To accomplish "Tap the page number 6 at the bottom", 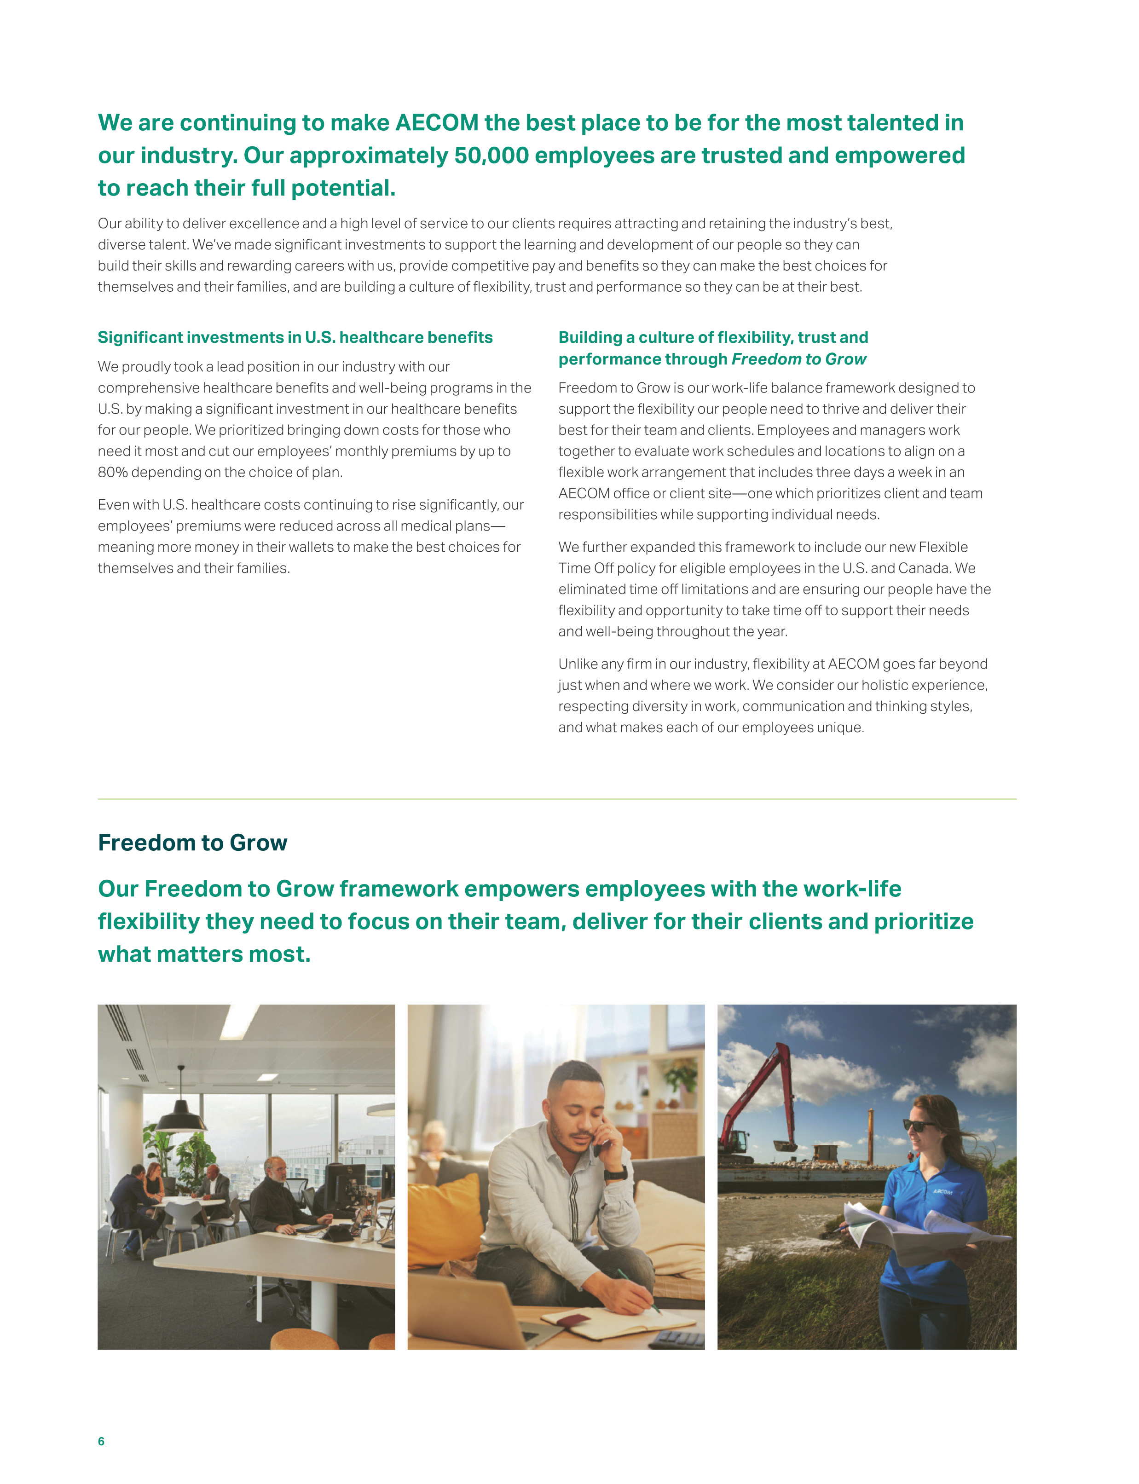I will point(101,1441).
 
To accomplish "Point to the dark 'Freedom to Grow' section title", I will point(192,843).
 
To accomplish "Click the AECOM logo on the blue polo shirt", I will point(942,1191).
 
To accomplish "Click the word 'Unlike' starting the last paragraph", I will point(578,664).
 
